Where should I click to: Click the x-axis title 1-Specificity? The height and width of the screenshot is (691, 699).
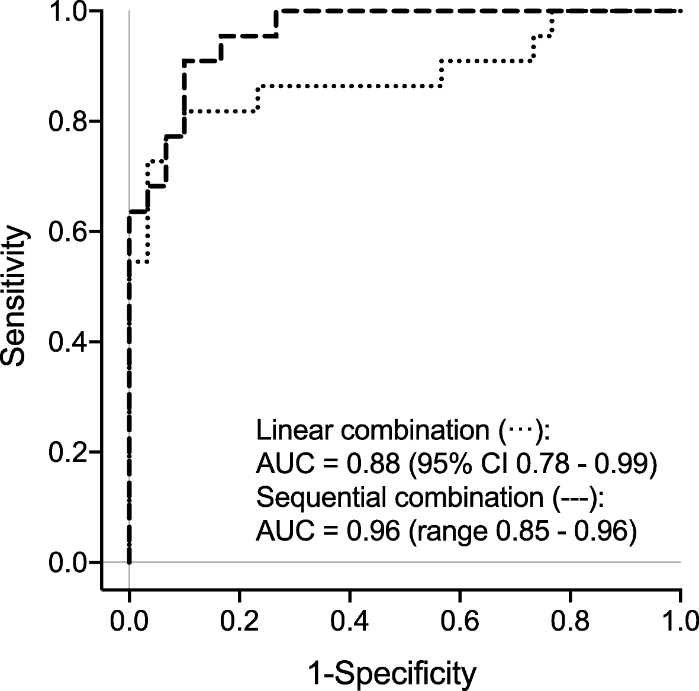[392, 674]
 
